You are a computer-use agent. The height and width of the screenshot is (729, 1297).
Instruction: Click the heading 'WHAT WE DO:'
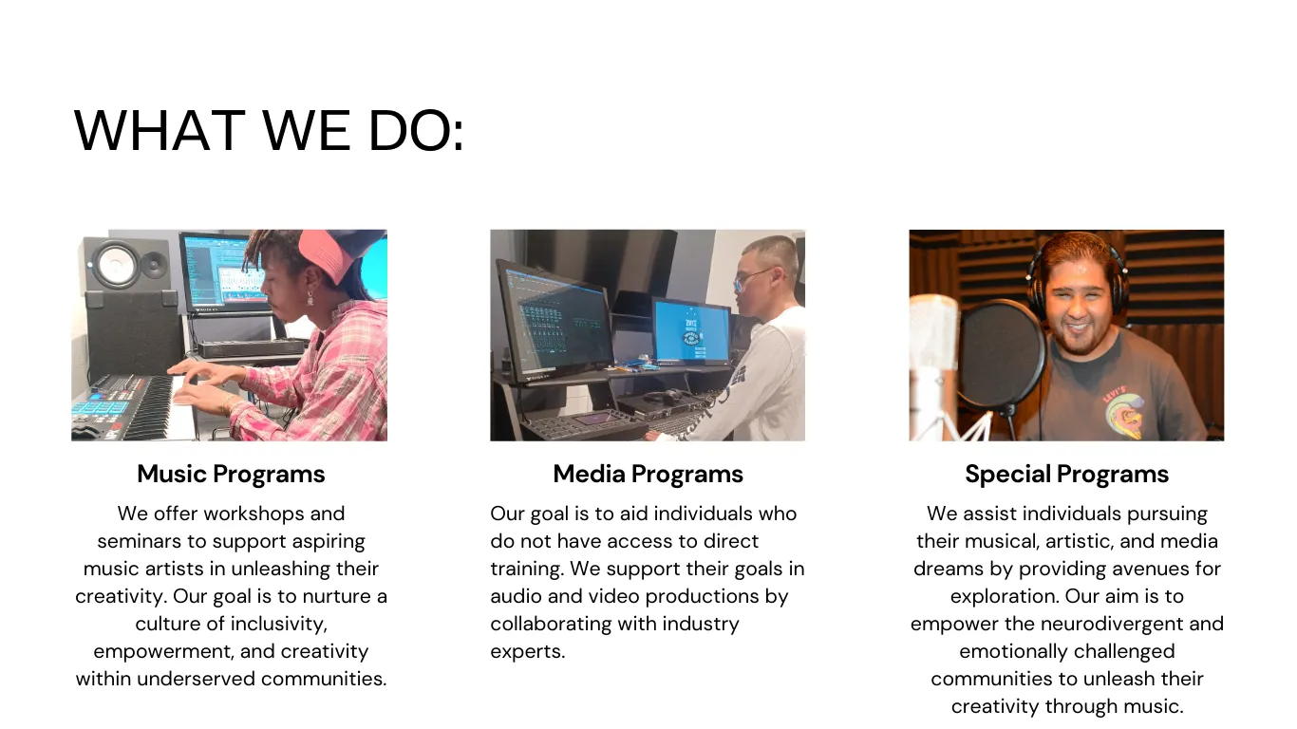coord(270,131)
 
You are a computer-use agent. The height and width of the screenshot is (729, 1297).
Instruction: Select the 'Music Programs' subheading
coord(231,474)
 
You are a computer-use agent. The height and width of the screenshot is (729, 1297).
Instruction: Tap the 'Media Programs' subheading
coord(648,474)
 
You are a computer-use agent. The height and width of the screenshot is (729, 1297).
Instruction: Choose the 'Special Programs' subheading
coord(1066,474)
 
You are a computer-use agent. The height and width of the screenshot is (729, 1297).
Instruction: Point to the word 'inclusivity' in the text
coord(278,624)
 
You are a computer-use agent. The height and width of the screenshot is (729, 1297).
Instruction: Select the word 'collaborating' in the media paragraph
coord(551,624)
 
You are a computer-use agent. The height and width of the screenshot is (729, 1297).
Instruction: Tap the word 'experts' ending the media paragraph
coord(525,652)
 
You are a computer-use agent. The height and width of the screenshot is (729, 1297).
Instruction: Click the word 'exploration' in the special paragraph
coord(1004,596)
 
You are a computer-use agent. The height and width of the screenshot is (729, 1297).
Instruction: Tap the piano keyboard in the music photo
coord(138,406)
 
